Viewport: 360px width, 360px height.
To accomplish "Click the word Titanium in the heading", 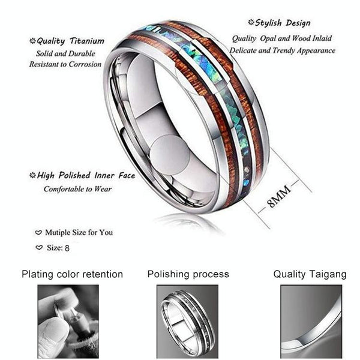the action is pyautogui.click(x=87, y=41).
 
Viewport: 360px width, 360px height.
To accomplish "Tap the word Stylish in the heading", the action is pyautogui.click(x=268, y=23).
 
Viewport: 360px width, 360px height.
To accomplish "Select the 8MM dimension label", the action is pyautogui.click(x=279, y=196).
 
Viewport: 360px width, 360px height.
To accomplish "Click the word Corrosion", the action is pyautogui.click(x=85, y=64).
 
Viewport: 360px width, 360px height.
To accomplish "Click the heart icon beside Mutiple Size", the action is pyautogui.click(x=38, y=233).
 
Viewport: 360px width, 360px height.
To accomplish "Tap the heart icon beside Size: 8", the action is pyautogui.click(x=39, y=247).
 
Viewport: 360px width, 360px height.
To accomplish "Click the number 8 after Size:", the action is pyautogui.click(x=67, y=248).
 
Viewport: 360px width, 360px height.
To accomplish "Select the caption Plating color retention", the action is pyautogui.click(x=73, y=274).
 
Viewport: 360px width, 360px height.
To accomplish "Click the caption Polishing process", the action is pyautogui.click(x=188, y=274).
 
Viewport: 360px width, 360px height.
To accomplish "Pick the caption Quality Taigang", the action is pyautogui.click(x=310, y=274).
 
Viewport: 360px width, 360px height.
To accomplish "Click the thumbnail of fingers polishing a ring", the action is pyautogui.click(x=68, y=322).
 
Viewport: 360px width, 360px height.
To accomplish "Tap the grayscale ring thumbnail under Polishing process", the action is pyautogui.click(x=187, y=322).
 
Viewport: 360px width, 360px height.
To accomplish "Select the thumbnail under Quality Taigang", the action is pyautogui.click(x=311, y=322).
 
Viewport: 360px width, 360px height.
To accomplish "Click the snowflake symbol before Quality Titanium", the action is pyautogui.click(x=32, y=41).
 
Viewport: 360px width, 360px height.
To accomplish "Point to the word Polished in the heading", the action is pyautogui.click(x=74, y=175).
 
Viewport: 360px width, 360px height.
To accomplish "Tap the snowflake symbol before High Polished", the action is pyautogui.click(x=32, y=175).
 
